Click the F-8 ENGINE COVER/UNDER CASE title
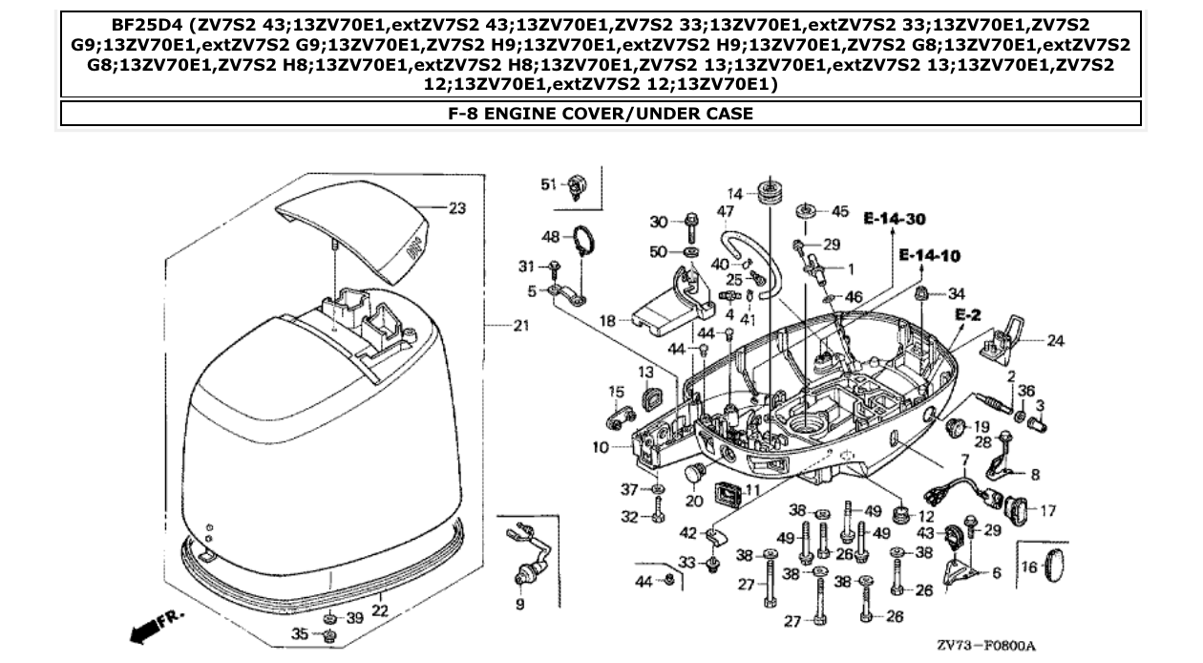pos(601,114)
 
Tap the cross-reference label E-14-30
pos(894,220)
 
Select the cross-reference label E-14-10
pos(929,256)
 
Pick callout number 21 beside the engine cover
pos(519,327)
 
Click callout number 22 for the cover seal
pos(379,610)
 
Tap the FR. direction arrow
pos(155,627)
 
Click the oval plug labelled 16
pos(1054,567)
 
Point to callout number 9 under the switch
pos(520,605)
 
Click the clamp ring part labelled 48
pos(583,242)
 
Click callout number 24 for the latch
pos(1055,340)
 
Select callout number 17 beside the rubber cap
pos(1046,511)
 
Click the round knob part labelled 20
pos(695,472)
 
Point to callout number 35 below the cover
pos(300,634)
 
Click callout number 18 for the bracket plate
pos(607,322)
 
